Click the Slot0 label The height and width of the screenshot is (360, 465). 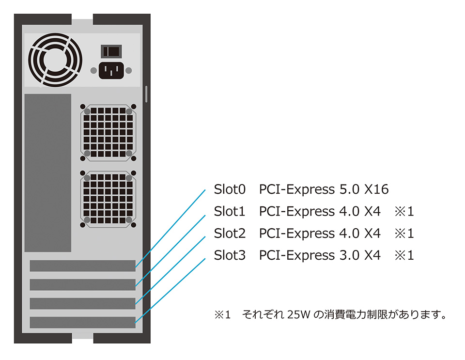[230, 189]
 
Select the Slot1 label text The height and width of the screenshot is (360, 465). [230, 212]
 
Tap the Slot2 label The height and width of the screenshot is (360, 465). [230, 234]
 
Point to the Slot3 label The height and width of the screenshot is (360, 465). [230, 255]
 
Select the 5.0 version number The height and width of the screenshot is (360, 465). [348, 189]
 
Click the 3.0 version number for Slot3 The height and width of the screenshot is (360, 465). [348, 255]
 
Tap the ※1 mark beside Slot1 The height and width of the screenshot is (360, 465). [404, 212]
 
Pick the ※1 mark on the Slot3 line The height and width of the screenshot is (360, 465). [404, 255]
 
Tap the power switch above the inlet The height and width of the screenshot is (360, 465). [111, 50]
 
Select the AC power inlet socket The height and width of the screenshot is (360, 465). [111, 71]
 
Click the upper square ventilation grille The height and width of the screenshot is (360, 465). [108, 132]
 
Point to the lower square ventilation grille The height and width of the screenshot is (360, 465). [108, 199]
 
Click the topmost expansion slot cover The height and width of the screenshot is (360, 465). [82, 266]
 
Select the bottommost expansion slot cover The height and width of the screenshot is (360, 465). [82, 322]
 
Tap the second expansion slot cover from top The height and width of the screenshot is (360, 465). [82, 284]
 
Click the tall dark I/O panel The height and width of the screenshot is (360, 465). [47, 172]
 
